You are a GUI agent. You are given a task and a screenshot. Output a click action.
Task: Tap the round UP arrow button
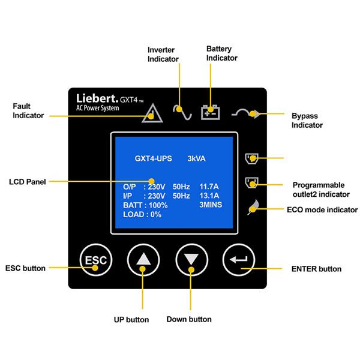143,260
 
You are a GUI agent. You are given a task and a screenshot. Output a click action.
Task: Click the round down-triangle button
191,260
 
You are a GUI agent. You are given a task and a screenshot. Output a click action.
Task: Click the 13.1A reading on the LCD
209,196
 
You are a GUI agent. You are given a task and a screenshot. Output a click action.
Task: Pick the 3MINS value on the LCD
211,205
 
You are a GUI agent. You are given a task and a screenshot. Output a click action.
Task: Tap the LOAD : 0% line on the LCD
139,214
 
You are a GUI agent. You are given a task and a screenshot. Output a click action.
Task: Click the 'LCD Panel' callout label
27,181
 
